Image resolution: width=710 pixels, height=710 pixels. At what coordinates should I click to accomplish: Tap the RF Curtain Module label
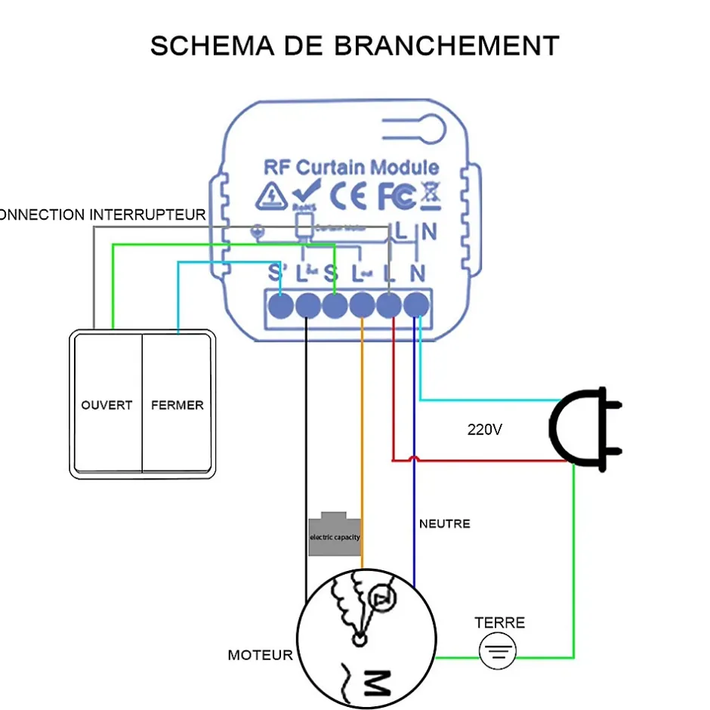pyautogui.click(x=351, y=167)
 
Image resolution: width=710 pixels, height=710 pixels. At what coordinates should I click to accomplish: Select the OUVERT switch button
pyautogui.click(x=106, y=405)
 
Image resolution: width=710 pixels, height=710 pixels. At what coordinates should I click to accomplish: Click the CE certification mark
pyautogui.click(x=350, y=196)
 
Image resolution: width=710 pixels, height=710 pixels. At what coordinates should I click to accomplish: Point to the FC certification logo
pyautogui.click(x=396, y=196)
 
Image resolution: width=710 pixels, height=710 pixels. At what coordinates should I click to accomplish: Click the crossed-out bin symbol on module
pyautogui.click(x=430, y=194)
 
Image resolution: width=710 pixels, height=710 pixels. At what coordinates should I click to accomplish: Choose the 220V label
pyautogui.click(x=484, y=430)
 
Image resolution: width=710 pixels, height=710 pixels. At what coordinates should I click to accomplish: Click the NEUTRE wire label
pyautogui.click(x=444, y=523)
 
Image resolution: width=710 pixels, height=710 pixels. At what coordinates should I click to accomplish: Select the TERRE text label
pyautogui.click(x=499, y=623)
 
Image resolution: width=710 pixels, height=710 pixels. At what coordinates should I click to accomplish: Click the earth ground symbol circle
pyautogui.click(x=499, y=651)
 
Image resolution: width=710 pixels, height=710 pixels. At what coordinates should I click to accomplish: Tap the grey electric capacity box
pyautogui.click(x=335, y=536)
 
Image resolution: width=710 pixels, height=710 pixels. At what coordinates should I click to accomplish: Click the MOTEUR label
pyautogui.click(x=260, y=655)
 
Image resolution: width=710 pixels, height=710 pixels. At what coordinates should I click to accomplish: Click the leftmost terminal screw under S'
pyautogui.click(x=281, y=306)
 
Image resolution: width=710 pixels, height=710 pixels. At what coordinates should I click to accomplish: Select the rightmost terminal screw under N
pyautogui.click(x=416, y=306)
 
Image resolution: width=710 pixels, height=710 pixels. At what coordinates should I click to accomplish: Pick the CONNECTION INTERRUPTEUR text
pyautogui.click(x=102, y=215)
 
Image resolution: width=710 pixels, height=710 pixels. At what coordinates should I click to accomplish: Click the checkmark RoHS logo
pyautogui.click(x=309, y=195)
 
